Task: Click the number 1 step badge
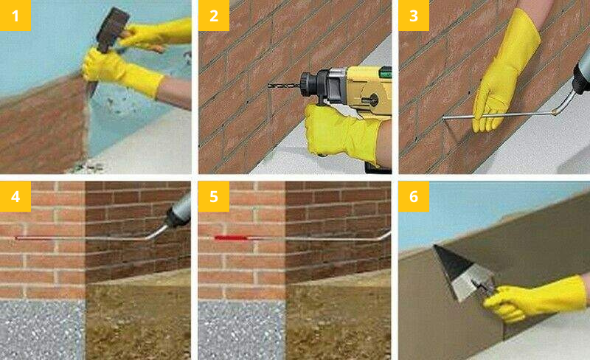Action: [x=15, y=15]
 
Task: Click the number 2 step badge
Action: [x=214, y=15]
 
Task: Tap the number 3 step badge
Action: [x=414, y=15]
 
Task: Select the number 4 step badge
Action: [x=15, y=196]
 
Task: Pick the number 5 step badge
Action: [x=214, y=196]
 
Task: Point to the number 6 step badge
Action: [x=414, y=196]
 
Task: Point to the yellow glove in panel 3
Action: [x=504, y=72]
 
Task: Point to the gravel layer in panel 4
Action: [x=42, y=330]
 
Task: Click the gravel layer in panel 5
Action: [x=242, y=330]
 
